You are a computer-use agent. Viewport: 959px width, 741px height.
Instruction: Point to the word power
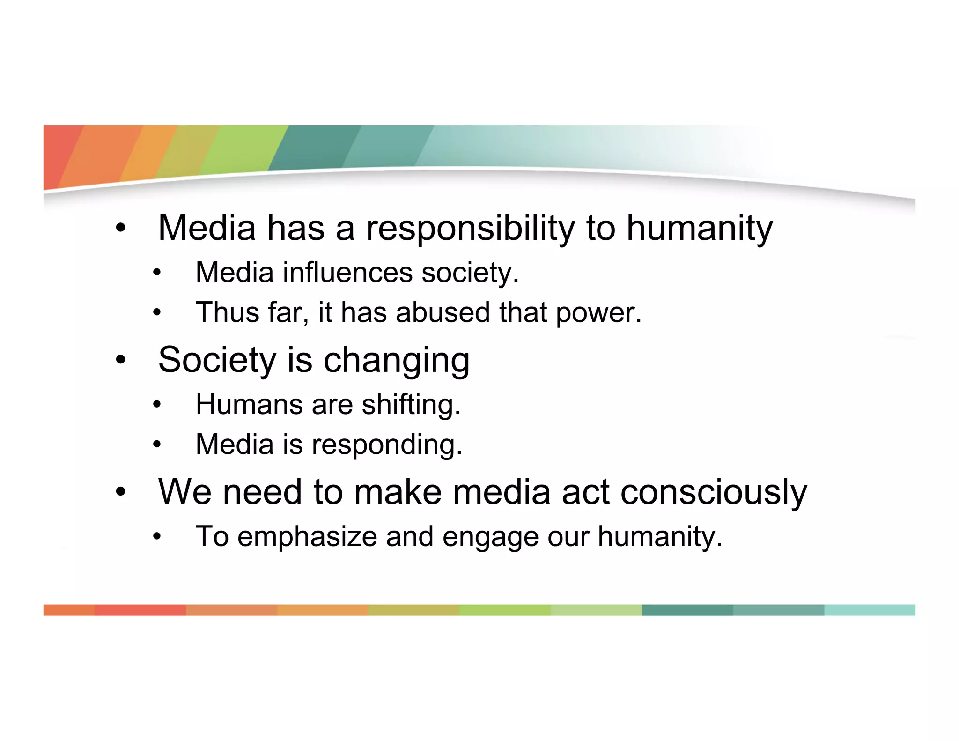point(598,313)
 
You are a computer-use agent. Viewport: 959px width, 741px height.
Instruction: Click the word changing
point(396,361)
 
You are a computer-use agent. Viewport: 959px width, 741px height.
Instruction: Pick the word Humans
point(249,404)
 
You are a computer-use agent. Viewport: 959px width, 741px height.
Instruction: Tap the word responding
point(387,445)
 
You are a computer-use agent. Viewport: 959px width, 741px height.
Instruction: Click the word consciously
point(714,493)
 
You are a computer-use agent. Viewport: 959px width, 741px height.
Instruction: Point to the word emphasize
point(307,537)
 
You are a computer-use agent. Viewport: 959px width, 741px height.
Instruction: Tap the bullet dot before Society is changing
point(121,360)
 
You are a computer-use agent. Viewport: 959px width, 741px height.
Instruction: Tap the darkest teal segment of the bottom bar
point(687,610)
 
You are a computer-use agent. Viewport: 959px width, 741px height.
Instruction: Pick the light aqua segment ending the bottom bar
point(869,610)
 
